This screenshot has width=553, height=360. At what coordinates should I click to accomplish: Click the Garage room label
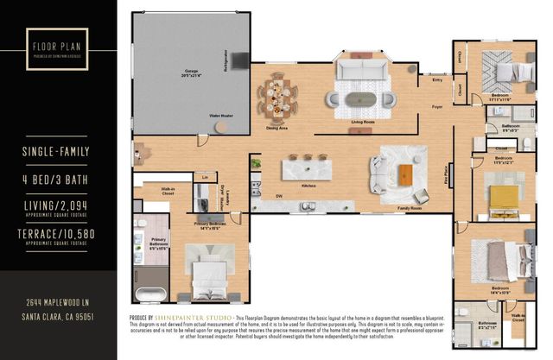click(x=184, y=73)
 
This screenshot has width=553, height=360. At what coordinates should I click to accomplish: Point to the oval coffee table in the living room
click(x=361, y=98)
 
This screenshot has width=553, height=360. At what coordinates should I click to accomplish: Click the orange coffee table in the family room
click(x=405, y=172)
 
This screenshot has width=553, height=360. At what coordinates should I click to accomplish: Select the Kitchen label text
click(x=308, y=186)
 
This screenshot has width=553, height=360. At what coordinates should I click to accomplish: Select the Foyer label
click(x=438, y=106)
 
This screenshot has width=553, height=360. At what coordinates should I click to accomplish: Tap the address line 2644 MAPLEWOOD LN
click(x=58, y=304)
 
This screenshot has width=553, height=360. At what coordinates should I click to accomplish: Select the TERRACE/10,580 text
click(x=57, y=234)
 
